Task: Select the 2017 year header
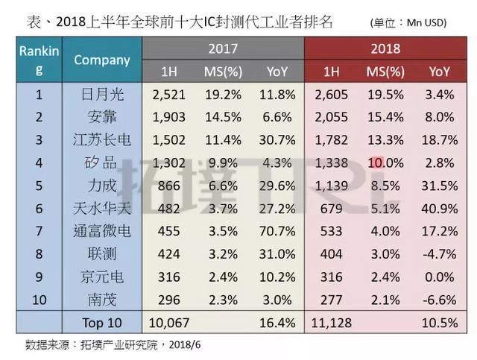[x=223, y=49]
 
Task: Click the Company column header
[x=102, y=60]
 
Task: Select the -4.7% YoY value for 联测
[x=439, y=253]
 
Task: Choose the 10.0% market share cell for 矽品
[x=385, y=163]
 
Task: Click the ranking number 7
[x=40, y=232]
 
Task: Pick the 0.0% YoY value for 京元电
[x=439, y=277]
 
